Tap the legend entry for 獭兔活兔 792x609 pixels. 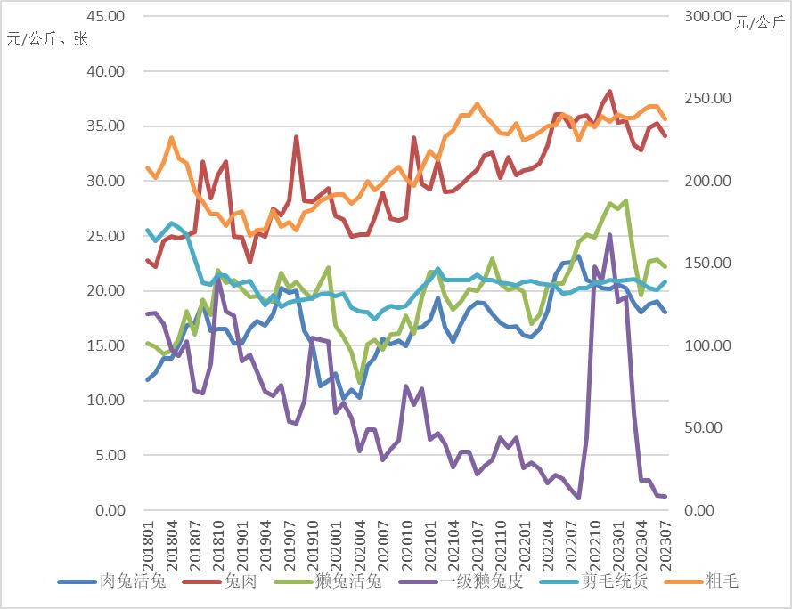347,582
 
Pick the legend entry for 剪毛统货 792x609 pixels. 616,582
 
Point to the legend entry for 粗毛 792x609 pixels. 721,582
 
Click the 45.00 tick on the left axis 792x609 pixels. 107,16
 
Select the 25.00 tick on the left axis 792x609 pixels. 107,236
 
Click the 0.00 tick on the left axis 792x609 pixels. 110,510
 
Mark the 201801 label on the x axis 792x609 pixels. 146,544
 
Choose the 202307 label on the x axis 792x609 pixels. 665,544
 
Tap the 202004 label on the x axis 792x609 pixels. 360,544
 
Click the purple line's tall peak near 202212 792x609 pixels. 609,235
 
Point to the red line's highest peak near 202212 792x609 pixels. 610,92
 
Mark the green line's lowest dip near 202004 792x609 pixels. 360,382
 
